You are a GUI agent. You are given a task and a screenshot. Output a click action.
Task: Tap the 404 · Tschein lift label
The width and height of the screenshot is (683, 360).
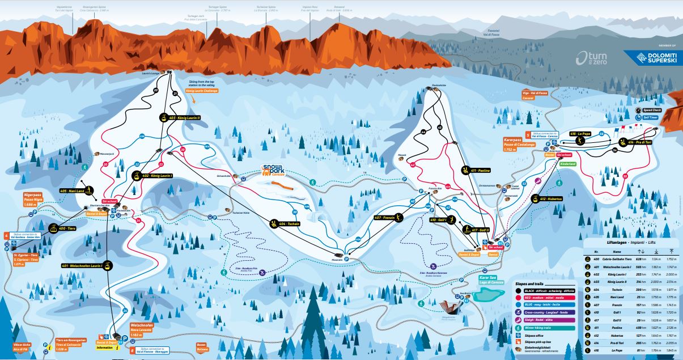pyautogui.click(x=290, y=224)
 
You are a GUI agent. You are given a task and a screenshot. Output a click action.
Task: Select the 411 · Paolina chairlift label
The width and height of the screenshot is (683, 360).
pyautogui.click(x=480, y=170)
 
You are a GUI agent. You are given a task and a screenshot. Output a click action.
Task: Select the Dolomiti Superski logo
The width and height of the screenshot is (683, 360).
pyautogui.click(x=650, y=57)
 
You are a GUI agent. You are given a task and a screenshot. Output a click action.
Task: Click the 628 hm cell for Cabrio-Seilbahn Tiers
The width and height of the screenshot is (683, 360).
pyautogui.click(x=637, y=259)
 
